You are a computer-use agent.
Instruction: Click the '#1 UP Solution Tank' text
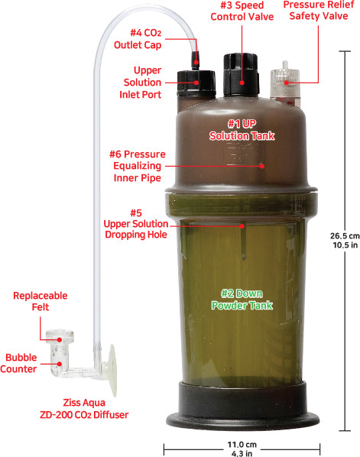coord(242,129)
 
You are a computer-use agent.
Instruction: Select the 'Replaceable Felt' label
coord(40,302)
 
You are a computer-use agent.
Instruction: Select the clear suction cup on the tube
coord(112,372)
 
